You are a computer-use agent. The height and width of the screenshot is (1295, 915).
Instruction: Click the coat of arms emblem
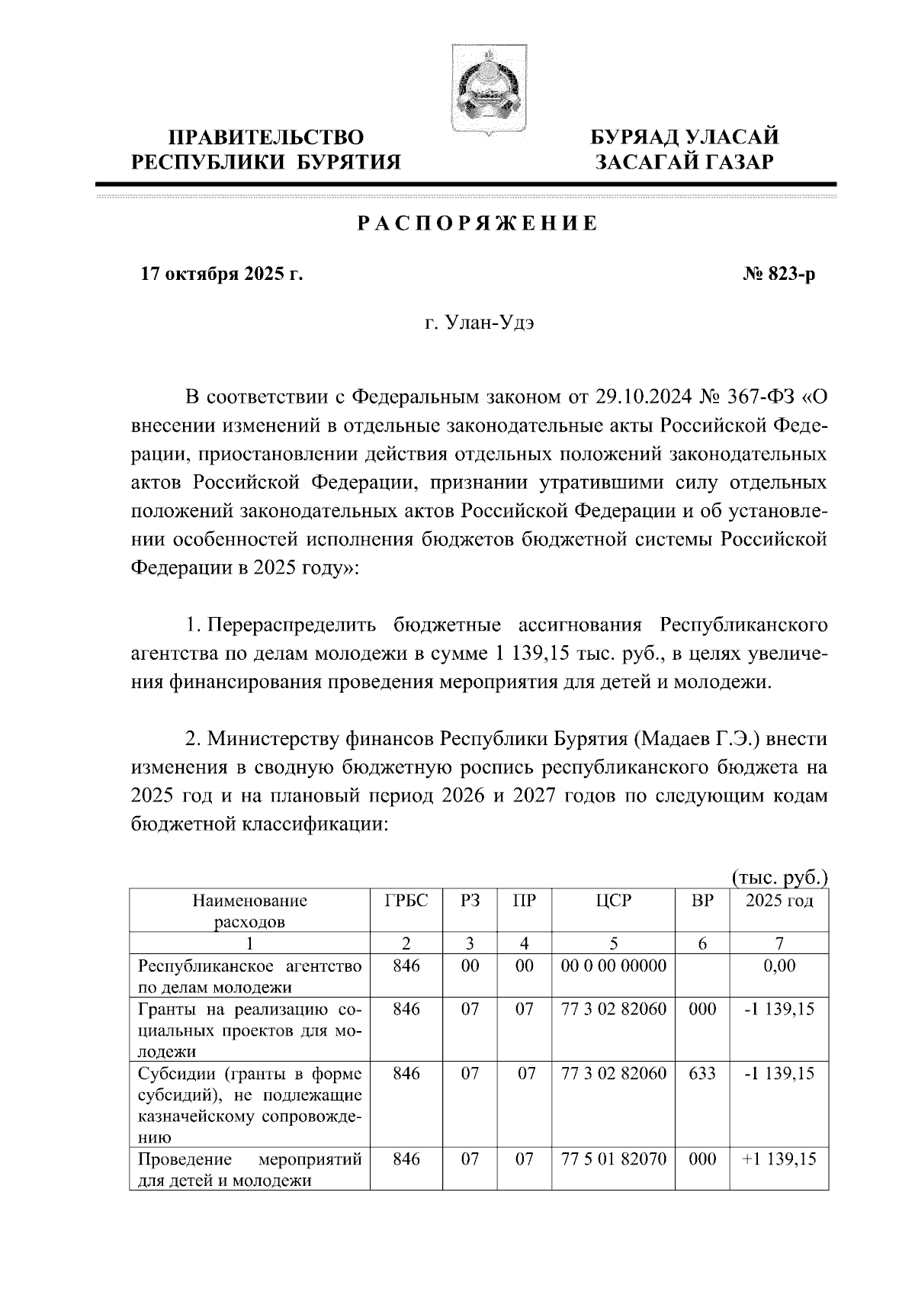click(485, 90)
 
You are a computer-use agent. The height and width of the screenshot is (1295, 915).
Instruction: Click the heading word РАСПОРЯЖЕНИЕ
click(477, 224)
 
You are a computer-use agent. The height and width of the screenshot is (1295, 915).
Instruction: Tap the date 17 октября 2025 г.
click(222, 275)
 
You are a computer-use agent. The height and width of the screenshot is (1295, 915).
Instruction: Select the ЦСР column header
click(613, 901)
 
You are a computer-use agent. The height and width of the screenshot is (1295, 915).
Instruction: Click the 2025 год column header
click(779, 901)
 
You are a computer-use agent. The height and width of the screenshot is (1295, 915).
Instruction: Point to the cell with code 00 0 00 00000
click(613, 966)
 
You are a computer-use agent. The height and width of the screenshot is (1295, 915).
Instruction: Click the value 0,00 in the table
click(779, 966)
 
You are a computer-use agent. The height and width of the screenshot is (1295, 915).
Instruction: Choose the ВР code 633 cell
click(701, 1074)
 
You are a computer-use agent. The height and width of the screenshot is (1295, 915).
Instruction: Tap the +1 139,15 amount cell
click(779, 1159)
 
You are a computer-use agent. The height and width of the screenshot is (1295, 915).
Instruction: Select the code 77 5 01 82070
click(613, 1159)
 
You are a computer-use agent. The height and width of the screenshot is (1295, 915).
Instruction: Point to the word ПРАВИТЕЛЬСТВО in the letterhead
click(266, 137)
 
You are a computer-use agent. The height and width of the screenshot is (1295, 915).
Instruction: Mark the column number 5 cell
click(613, 943)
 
